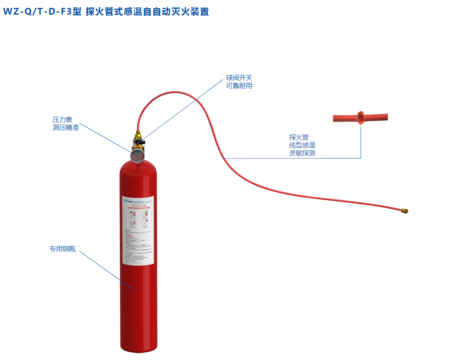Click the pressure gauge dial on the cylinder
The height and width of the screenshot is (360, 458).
point(137,156)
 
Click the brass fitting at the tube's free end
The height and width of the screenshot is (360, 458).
point(404,211)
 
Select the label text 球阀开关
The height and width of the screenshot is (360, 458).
point(239,78)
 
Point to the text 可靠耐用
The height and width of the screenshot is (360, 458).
point(239,86)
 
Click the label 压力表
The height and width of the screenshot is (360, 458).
point(62,119)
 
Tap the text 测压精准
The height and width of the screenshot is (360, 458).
point(66,127)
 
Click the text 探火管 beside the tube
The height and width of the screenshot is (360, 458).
point(299,137)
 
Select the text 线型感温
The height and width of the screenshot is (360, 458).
point(302,145)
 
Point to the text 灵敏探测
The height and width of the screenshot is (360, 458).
point(302,153)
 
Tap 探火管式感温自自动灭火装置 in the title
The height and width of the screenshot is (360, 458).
point(147,12)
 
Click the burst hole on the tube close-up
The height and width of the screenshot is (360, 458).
point(359,117)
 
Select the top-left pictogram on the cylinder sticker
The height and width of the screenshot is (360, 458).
point(131,214)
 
